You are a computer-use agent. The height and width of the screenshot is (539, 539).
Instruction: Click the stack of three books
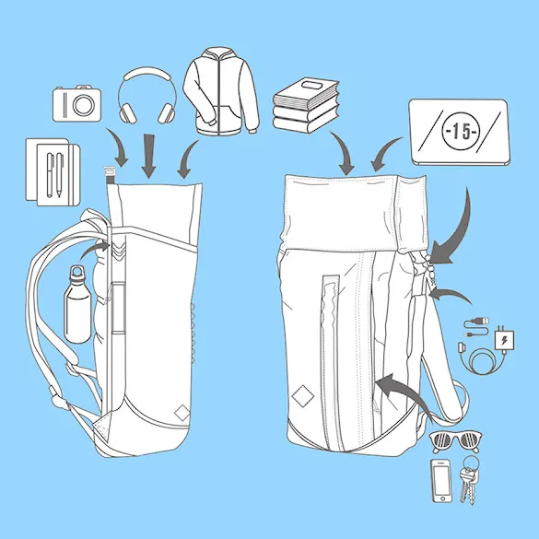tap(306, 105)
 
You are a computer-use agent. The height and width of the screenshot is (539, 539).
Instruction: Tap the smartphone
tap(441, 481)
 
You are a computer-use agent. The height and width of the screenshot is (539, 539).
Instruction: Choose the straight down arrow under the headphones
tap(149, 156)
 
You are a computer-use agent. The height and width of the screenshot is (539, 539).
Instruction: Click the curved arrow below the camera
tap(118, 146)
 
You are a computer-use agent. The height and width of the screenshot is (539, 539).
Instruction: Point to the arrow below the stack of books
tap(344, 152)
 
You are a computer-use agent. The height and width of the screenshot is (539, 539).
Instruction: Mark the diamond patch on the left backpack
tap(182, 413)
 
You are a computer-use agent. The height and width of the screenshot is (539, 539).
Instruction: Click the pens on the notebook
tap(55, 175)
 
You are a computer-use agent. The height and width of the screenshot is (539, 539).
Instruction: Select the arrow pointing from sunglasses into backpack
tap(404, 392)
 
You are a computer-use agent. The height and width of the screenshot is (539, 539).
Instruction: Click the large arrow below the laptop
tap(461, 230)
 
